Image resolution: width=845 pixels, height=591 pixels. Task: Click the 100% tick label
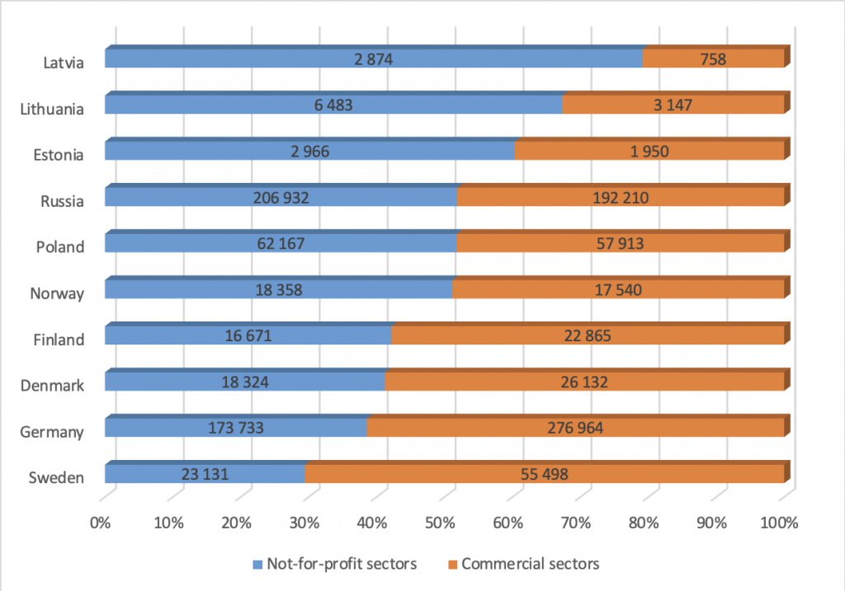(780, 523)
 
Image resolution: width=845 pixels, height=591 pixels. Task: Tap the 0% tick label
(101, 523)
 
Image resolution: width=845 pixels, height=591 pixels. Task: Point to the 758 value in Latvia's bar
(712, 59)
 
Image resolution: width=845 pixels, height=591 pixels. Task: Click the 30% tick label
(304, 523)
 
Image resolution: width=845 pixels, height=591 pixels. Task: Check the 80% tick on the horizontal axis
(644, 523)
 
